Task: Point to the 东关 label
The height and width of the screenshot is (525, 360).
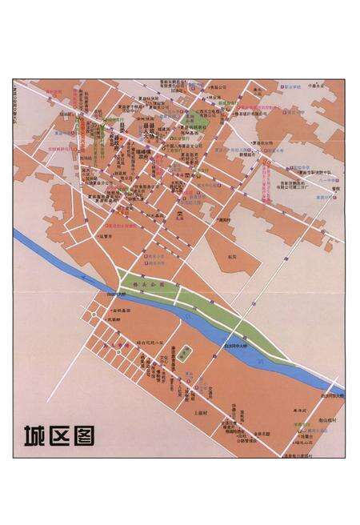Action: click(x=231, y=256)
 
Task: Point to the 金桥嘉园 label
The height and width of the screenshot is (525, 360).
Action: click(x=120, y=311)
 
